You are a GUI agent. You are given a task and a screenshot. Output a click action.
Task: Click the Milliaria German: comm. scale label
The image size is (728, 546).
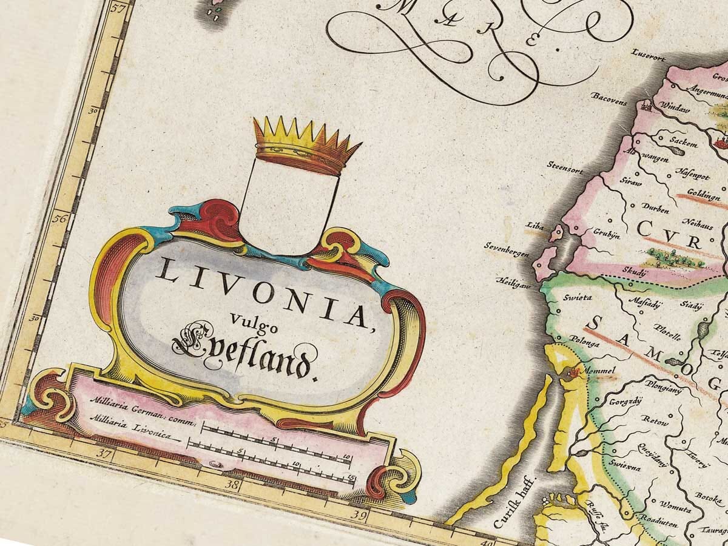click(142, 410)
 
